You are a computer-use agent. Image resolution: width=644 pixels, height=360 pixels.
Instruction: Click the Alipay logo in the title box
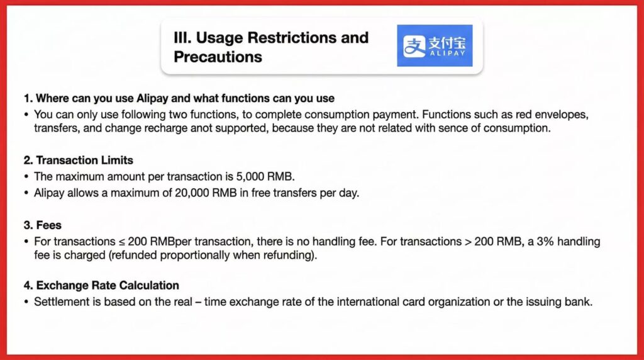[x=435, y=45]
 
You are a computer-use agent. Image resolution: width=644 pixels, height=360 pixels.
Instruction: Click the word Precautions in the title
[x=218, y=57]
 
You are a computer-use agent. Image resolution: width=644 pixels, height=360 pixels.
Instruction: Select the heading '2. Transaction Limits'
[x=78, y=160]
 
